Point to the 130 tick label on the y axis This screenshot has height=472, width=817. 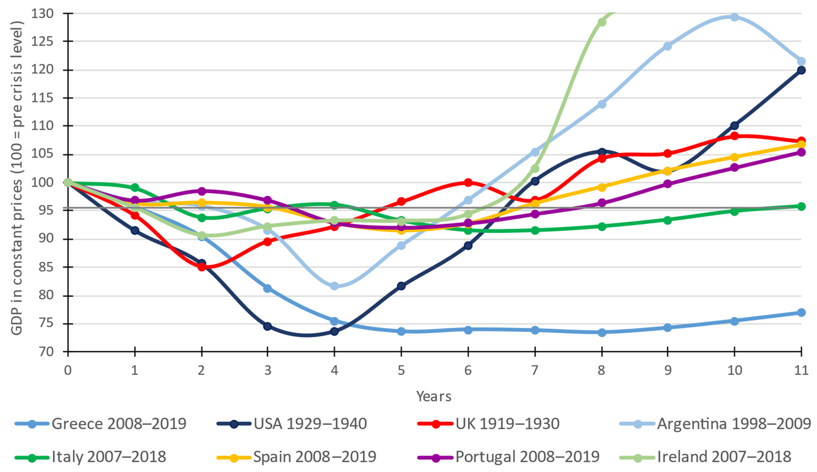click(42, 14)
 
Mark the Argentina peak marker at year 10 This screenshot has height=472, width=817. click(734, 17)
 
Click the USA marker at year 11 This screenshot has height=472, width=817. click(801, 70)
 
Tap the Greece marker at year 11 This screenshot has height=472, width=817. click(801, 312)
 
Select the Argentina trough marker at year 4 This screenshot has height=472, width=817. click(334, 286)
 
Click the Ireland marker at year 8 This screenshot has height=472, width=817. click(602, 22)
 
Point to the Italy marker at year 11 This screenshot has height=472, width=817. click(801, 207)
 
